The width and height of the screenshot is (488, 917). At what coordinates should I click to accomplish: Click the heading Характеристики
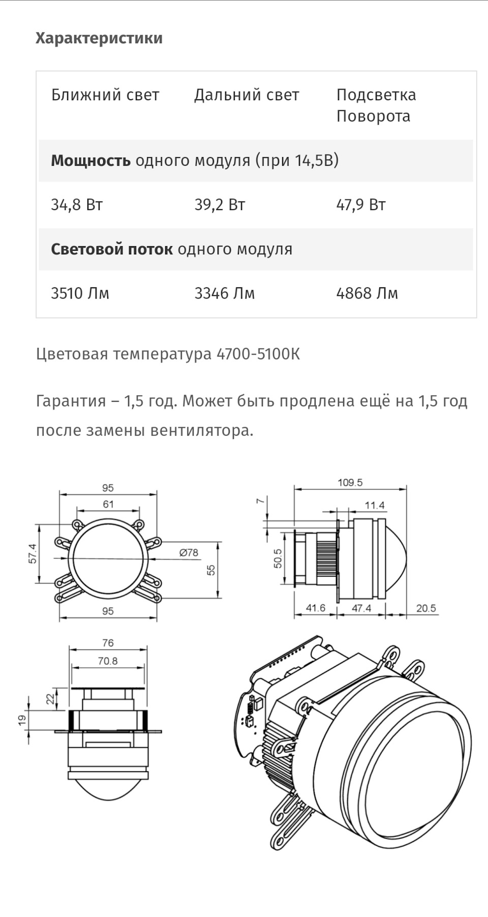[99, 38]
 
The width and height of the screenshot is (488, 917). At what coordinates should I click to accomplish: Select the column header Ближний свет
[105, 95]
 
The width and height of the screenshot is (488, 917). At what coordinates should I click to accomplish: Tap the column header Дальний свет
[247, 95]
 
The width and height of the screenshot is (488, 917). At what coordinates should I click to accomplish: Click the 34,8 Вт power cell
[77, 205]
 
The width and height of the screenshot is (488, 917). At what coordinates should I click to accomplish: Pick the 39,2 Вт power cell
[220, 205]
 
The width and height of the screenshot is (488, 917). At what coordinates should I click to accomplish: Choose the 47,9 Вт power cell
[361, 205]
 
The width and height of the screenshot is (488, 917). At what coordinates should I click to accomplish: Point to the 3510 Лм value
[80, 293]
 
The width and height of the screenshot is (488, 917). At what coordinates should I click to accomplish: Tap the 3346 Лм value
[224, 293]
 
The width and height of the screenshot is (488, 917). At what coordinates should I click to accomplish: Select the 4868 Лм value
[367, 293]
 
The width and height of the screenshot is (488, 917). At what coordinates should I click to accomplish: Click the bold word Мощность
[90, 161]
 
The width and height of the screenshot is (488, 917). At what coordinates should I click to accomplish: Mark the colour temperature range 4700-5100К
[258, 354]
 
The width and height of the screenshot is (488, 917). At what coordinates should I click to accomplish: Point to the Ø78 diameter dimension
[189, 552]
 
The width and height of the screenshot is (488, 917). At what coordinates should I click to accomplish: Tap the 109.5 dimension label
[350, 482]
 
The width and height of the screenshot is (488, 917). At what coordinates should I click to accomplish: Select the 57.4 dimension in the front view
[33, 553]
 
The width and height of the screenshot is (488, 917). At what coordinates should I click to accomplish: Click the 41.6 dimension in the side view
[316, 608]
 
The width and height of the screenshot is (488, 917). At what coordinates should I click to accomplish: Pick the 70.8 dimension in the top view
[108, 661]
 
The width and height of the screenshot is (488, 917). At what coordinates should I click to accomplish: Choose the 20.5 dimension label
[426, 608]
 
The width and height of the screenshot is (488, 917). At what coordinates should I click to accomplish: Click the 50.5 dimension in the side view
[278, 558]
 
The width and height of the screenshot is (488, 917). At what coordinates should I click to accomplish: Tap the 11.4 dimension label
[375, 506]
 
